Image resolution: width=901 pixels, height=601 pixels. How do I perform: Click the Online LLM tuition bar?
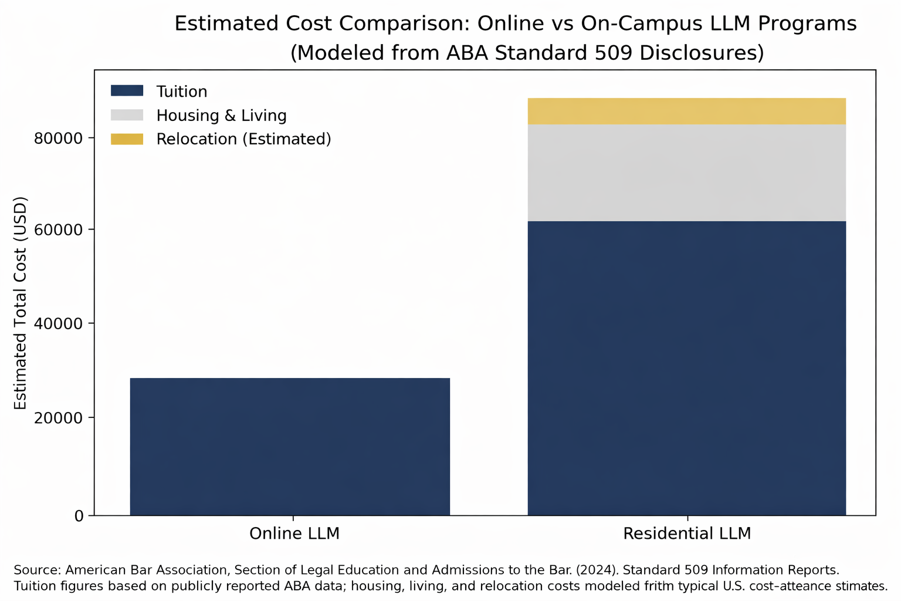(290, 447)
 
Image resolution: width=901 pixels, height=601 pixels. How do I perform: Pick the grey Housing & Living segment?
(686, 173)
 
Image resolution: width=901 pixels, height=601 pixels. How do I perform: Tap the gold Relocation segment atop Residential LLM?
(686, 111)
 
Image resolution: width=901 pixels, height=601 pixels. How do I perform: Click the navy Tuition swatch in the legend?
(127, 91)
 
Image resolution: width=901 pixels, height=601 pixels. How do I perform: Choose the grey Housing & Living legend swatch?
(127, 115)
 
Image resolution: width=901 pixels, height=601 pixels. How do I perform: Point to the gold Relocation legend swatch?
(127, 139)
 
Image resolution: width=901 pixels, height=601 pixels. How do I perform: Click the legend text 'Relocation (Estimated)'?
(243, 139)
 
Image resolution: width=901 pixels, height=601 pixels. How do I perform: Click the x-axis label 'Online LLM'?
(294, 534)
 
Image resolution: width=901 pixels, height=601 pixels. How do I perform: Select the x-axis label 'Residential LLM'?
(686, 534)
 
